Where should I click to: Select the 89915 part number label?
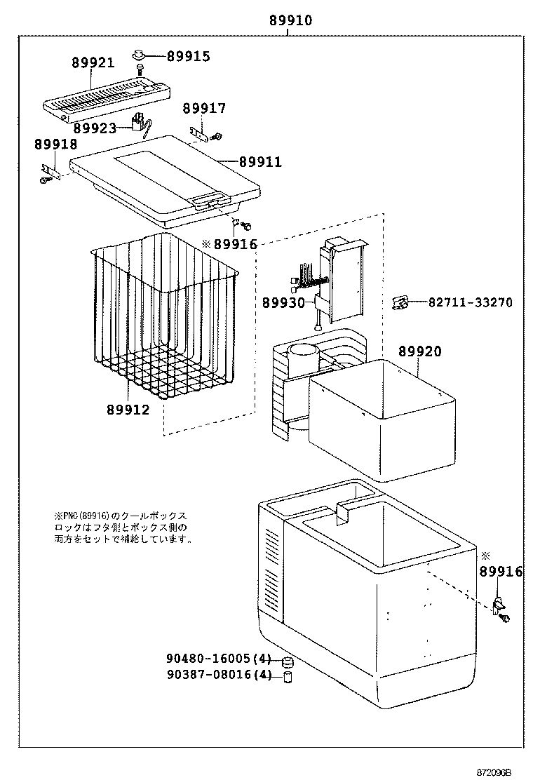click(x=187, y=56)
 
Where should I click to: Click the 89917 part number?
click(x=204, y=108)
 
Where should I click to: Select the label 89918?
click(x=55, y=144)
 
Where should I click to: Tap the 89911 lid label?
click(x=260, y=162)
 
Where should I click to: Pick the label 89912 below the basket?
click(x=128, y=409)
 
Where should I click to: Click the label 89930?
click(x=283, y=302)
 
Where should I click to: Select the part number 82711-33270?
click(x=471, y=302)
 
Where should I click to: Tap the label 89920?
click(x=420, y=351)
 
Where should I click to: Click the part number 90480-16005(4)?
click(x=218, y=659)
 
